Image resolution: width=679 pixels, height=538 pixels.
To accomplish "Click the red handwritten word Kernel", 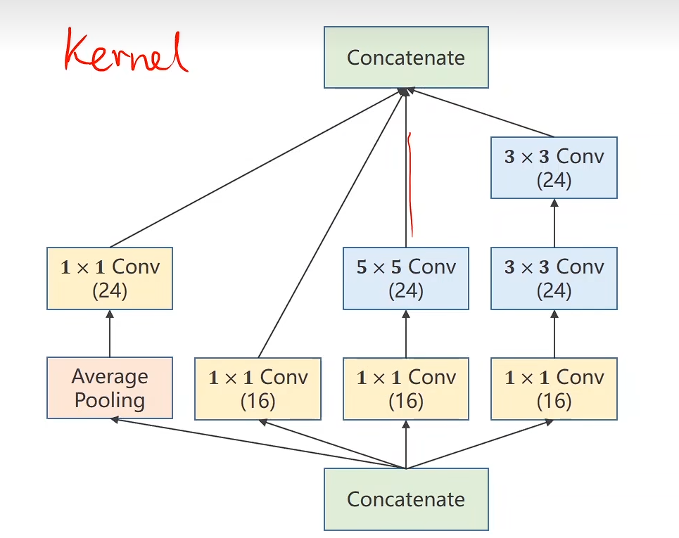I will click(x=125, y=52).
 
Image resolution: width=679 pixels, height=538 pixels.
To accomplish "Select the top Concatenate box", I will click(x=406, y=58).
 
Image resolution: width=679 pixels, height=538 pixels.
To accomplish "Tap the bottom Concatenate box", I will click(x=406, y=499).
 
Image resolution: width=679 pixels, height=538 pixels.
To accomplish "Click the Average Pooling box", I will click(x=110, y=388).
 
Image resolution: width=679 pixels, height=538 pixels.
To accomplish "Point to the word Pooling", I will click(x=110, y=400).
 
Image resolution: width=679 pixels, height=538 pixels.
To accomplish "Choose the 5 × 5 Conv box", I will click(x=406, y=278).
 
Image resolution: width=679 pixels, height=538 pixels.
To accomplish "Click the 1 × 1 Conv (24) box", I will click(x=110, y=278).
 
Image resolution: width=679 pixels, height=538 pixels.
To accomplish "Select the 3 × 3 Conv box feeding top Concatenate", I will click(x=554, y=168).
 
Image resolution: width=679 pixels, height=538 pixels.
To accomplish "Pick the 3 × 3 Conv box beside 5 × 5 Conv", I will click(x=554, y=278).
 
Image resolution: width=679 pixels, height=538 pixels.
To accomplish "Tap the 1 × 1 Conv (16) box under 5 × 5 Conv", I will click(x=406, y=388).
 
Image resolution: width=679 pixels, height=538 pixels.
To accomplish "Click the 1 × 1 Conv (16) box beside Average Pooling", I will click(x=258, y=388).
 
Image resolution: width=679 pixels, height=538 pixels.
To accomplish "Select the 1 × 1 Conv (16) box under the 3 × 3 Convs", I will click(x=554, y=388).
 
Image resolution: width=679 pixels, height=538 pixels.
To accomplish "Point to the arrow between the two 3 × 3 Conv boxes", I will click(x=554, y=223).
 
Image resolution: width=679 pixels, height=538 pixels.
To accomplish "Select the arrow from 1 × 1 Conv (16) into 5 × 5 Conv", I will click(x=406, y=333).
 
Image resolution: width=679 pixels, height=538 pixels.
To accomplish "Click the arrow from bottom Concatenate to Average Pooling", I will click(x=253, y=443).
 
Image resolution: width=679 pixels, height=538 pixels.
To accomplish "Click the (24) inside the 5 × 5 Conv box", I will click(x=406, y=291).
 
